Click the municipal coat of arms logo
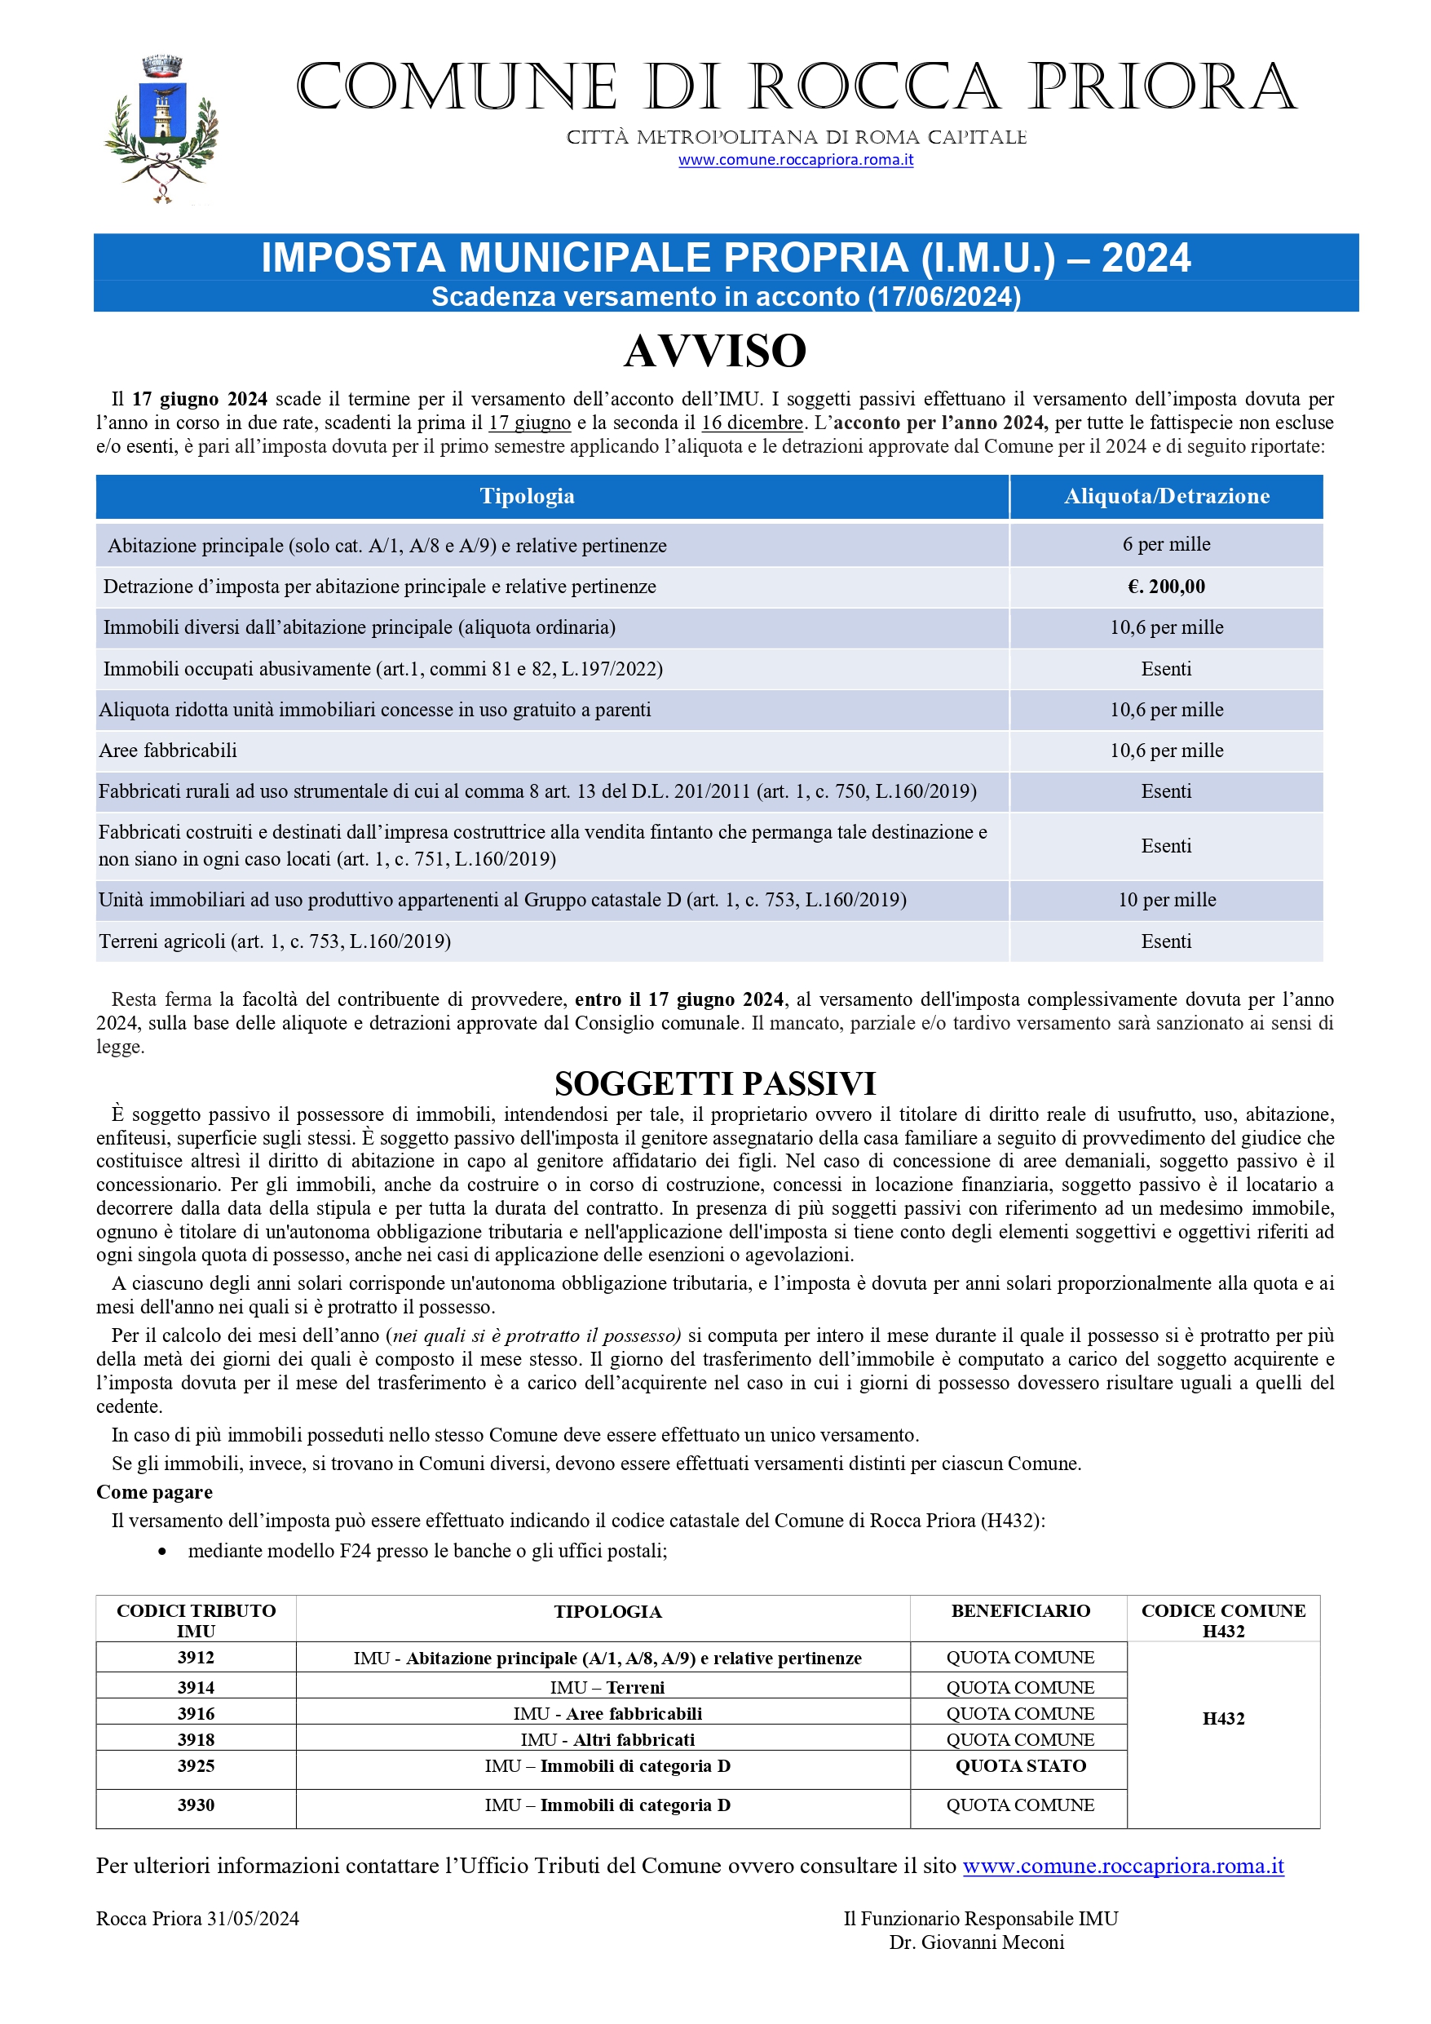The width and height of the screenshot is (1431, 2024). [x=161, y=129]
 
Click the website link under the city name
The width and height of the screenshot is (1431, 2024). [x=795, y=160]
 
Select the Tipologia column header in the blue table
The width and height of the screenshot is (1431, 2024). [x=527, y=496]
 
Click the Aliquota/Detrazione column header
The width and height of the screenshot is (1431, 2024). [x=1166, y=496]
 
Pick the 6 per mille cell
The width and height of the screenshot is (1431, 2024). [x=1166, y=544]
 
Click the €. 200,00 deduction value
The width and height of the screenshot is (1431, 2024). [x=1166, y=587]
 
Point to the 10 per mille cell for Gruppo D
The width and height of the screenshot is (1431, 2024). [x=1166, y=899]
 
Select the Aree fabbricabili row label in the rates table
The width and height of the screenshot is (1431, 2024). [x=168, y=751]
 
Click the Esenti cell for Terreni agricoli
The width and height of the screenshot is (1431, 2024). [x=1166, y=941]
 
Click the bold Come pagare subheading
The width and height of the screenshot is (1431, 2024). [x=154, y=1491]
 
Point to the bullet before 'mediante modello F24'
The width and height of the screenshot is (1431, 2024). [x=162, y=1552]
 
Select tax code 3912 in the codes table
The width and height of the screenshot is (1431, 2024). [x=196, y=1657]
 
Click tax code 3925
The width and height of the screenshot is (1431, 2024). [x=196, y=1765]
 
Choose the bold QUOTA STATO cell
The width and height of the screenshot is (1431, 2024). [x=1020, y=1765]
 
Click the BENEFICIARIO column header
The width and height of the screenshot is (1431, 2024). [x=1020, y=1610]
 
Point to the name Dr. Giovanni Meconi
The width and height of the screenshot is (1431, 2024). [x=976, y=1942]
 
